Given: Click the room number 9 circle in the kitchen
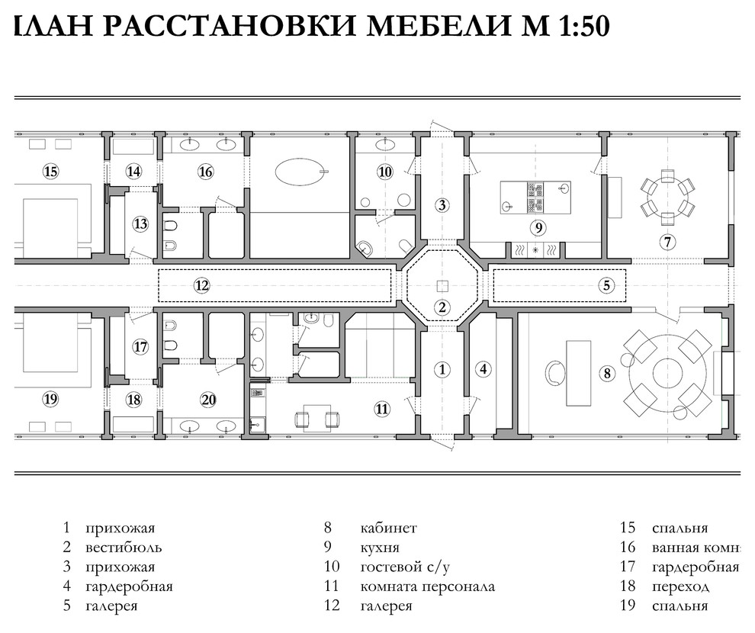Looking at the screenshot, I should (538, 227).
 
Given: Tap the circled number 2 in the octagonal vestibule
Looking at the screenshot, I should (442, 308).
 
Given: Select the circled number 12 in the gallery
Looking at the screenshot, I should (201, 285).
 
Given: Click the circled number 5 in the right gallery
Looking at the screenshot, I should (606, 285).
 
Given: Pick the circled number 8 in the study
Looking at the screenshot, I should (607, 374).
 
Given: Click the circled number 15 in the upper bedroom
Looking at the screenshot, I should (50, 172).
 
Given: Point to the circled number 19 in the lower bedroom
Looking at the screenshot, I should (50, 397).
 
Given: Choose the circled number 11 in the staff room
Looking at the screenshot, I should (382, 409).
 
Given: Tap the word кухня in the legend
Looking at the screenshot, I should (380, 548).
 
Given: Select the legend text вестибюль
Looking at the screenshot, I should (123, 548).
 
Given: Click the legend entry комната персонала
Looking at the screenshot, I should (427, 586).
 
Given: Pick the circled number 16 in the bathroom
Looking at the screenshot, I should (205, 172).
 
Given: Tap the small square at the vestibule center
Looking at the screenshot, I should (442, 286).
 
